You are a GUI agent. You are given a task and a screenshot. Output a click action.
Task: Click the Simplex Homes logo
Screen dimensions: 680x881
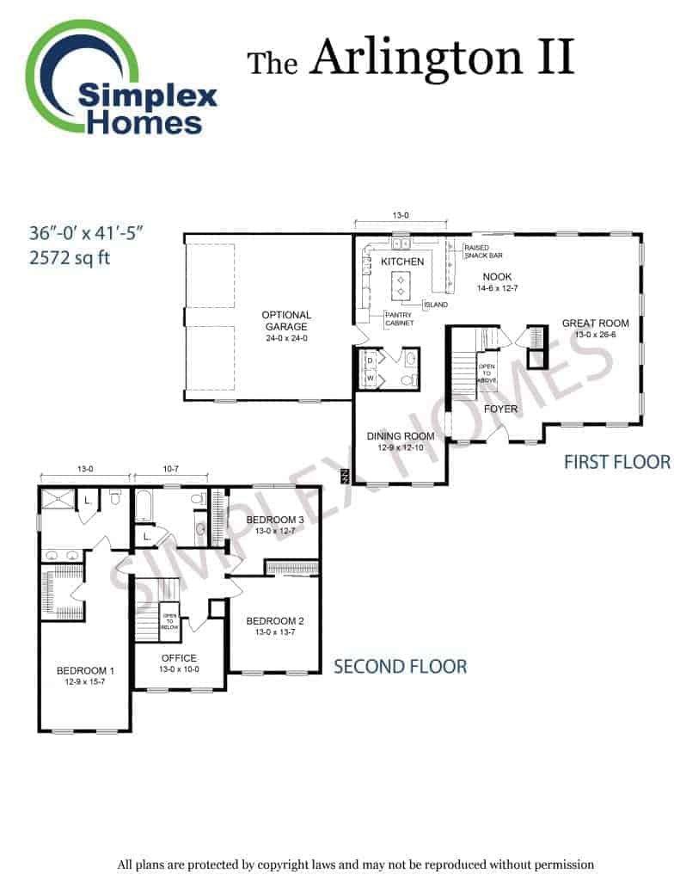pos(120,78)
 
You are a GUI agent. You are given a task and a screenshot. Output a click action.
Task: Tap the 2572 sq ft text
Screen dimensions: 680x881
pos(70,258)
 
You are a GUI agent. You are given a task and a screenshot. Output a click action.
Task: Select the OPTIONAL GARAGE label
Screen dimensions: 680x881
pos(286,321)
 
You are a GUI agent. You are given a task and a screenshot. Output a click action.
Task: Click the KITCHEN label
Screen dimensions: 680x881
pos(402,262)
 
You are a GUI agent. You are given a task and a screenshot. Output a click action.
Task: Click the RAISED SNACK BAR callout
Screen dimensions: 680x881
pos(483,252)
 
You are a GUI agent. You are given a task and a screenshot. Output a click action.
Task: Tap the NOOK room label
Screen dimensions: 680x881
pos(497,276)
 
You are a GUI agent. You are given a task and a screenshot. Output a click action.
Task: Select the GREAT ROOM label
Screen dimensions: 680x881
pos(595,323)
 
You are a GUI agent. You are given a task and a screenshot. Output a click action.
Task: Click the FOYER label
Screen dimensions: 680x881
pos(500,409)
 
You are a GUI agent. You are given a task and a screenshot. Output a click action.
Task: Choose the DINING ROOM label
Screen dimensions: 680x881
pos(401,436)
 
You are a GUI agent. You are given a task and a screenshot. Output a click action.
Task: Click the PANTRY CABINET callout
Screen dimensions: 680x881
pos(399,319)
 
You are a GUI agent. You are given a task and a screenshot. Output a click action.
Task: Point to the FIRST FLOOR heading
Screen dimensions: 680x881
pos(617,462)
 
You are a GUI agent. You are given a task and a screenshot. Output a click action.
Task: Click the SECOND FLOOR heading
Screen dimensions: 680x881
pos(401,667)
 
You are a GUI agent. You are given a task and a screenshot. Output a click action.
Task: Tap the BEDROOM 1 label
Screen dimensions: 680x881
pos(85,671)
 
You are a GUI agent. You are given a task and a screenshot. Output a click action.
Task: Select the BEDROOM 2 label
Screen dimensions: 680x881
pos(275,621)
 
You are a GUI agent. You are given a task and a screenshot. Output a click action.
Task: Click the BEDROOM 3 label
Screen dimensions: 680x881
pos(275,520)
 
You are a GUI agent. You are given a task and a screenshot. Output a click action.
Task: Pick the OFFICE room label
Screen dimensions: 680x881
pos(179,658)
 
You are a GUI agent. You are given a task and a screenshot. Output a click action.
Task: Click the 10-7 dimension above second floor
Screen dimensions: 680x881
pos(171,469)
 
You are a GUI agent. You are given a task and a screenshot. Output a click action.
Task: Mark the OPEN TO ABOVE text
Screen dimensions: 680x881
pos(487,373)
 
